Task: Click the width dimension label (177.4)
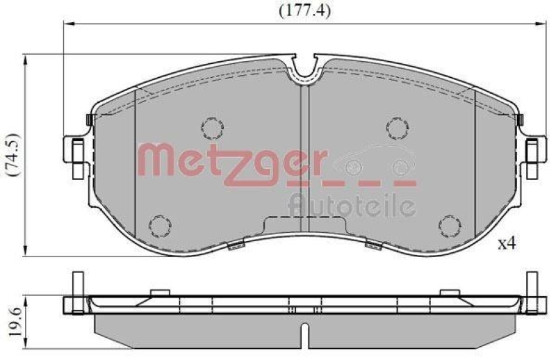[x=304, y=10]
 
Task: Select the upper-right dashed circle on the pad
[x=396, y=127]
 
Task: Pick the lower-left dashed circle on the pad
[x=161, y=226]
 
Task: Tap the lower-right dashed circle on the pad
[x=449, y=226]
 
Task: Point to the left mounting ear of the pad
[x=74, y=149]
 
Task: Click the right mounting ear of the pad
[x=533, y=149]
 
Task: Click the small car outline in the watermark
[x=375, y=162]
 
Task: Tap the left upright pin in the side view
[x=74, y=286]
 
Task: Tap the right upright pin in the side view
[x=532, y=286]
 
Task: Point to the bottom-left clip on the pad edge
[x=236, y=244]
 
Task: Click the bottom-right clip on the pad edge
[x=373, y=244]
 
